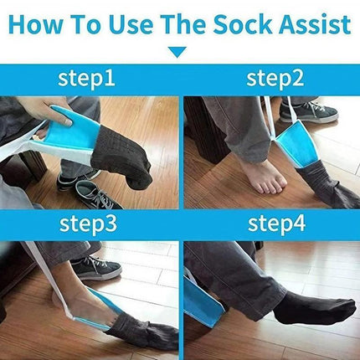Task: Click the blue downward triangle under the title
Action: tap(177, 53)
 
